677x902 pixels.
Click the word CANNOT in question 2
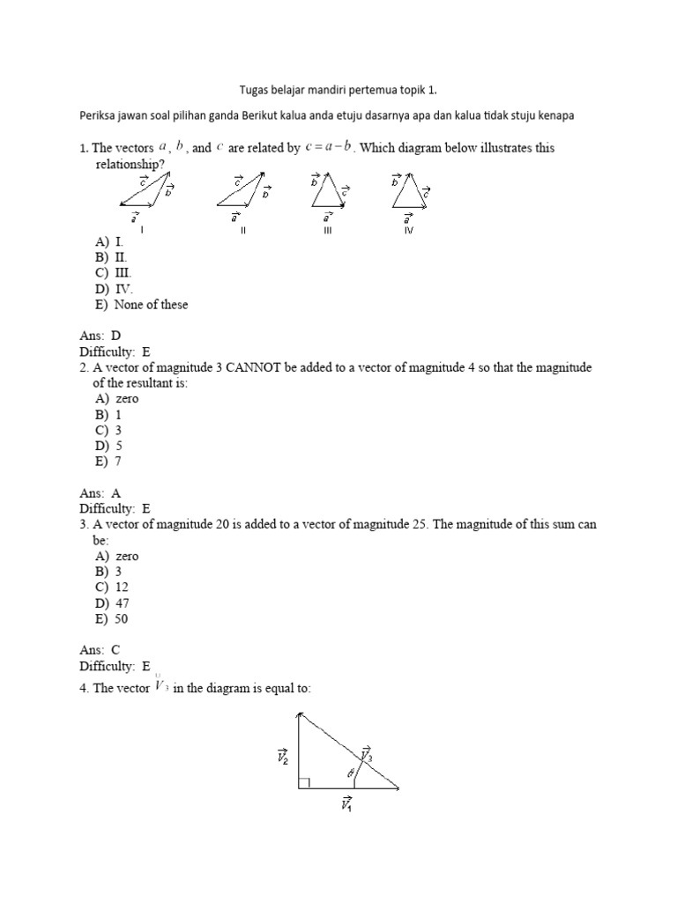click(257, 367)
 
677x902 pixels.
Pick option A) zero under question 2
click(116, 399)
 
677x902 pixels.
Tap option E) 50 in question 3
click(112, 619)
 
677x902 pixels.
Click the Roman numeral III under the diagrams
click(326, 230)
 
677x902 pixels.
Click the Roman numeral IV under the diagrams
click(408, 230)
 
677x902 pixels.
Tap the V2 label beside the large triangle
click(283, 756)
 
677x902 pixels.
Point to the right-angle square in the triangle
click(304, 782)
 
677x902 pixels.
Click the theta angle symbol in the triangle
click(350, 773)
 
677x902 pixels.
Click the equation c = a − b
click(329, 148)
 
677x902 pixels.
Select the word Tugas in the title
click(255, 90)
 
